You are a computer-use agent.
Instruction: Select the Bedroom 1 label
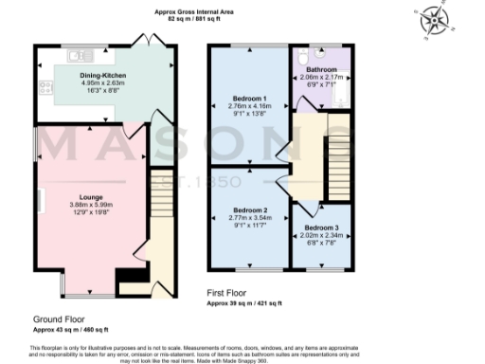[x=249, y=98]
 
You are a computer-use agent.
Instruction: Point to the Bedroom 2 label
[x=249, y=209]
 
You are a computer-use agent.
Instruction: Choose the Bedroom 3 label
[x=319, y=227]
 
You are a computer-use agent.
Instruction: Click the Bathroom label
[x=320, y=70]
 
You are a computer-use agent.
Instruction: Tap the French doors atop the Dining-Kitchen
[x=144, y=44]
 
